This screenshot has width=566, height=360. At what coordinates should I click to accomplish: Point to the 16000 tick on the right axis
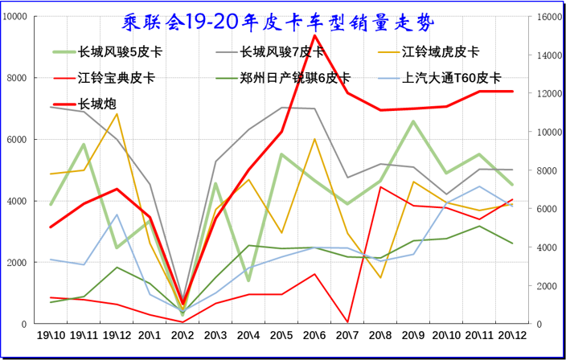pos(549,17)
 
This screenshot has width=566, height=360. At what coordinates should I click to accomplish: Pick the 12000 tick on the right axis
pos(549,94)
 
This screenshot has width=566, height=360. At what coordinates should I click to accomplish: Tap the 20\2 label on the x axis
pos(183,335)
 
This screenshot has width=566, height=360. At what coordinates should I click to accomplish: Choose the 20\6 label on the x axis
pos(314,335)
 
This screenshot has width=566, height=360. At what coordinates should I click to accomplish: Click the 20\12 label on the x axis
pos(512,335)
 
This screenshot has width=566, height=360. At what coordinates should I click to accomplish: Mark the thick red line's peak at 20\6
pos(314,35)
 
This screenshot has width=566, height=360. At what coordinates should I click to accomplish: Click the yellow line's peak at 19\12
pos(117,113)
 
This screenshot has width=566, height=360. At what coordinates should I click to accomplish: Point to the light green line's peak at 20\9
pos(413,121)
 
